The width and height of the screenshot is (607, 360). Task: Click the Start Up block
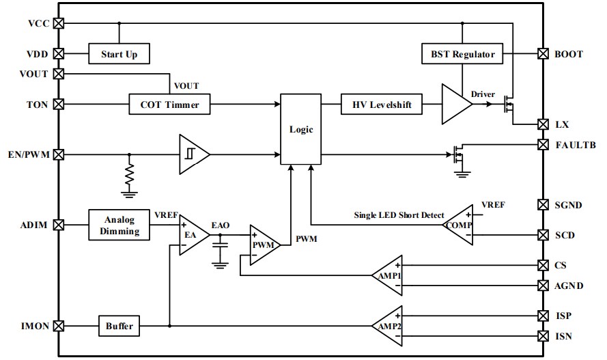point(119,53)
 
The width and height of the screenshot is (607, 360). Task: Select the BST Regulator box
point(463,53)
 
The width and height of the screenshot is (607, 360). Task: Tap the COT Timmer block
point(169,105)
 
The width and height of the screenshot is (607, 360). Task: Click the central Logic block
point(300,129)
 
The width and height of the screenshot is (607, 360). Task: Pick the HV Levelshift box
point(382,105)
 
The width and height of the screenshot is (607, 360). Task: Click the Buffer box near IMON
point(119,326)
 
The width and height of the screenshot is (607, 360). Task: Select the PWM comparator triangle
point(263,244)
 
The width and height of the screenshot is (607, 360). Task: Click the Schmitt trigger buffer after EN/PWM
point(192,154)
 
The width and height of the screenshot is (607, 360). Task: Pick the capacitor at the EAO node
point(220,251)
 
